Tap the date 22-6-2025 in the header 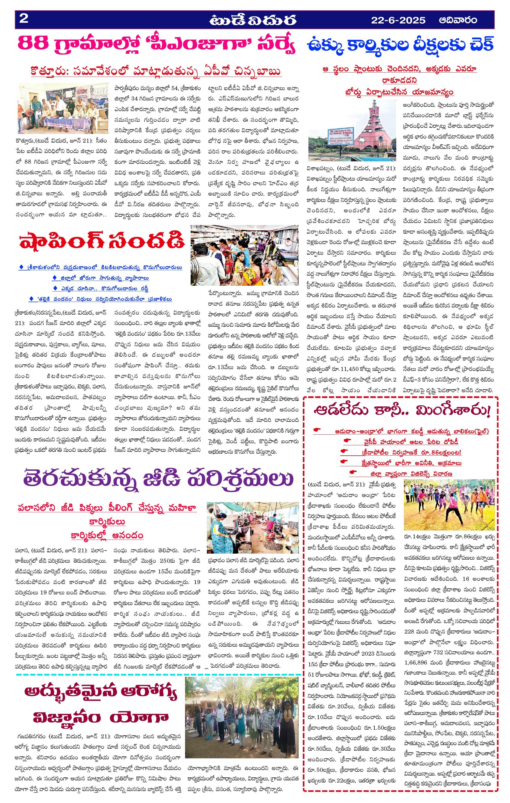point(398,20)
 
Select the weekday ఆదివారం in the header point(458,20)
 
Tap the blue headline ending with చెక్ point(400,45)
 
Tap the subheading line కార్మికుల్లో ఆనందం point(107,536)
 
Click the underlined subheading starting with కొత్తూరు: point(156,71)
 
